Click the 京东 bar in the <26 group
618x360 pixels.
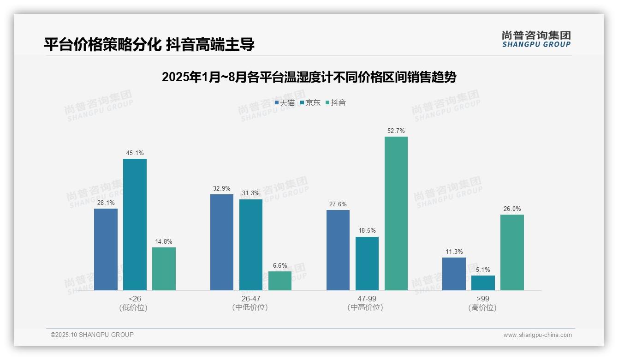pos(135,224)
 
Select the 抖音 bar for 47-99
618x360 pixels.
pos(396,213)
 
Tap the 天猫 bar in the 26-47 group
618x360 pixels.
pos(222,242)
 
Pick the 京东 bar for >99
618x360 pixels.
pos(483,283)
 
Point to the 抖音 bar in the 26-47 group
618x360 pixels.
pos(280,281)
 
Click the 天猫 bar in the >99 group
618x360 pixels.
pos(454,274)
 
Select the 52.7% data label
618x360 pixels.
pos(396,131)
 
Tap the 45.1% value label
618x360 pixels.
pos(135,153)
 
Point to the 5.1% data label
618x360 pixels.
pos(483,270)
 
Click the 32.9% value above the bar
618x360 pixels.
pos(222,189)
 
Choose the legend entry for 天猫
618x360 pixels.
pos(285,102)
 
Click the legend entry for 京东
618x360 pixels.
pos(310,102)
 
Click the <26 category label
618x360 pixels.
pos(135,299)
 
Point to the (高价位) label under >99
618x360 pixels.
pos(483,308)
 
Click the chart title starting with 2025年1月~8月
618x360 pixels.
pos(309,77)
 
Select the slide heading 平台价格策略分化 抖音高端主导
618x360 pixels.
pos(149,45)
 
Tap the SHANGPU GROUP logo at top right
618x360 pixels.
pos(536,39)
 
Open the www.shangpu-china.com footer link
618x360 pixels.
pos(537,335)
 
